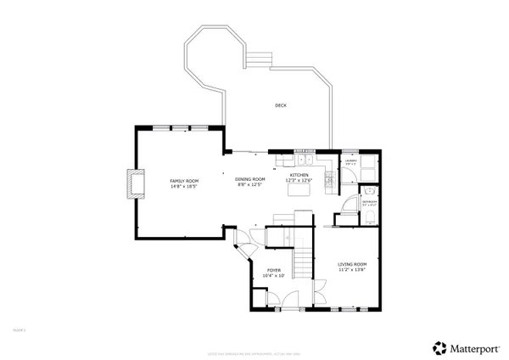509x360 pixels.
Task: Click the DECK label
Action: tap(280, 105)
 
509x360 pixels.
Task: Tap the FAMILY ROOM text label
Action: tap(184, 180)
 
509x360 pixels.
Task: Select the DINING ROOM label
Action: tap(250, 179)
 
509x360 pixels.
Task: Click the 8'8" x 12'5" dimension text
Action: tap(250, 184)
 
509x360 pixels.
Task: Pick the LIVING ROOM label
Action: tap(352, 264)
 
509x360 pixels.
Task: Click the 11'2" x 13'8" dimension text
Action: tap(352, 270)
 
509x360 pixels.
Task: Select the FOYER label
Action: tap(274, 270)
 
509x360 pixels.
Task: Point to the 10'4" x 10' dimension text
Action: tap(274, 275)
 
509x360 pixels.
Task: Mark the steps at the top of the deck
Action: tap(258, 59)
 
